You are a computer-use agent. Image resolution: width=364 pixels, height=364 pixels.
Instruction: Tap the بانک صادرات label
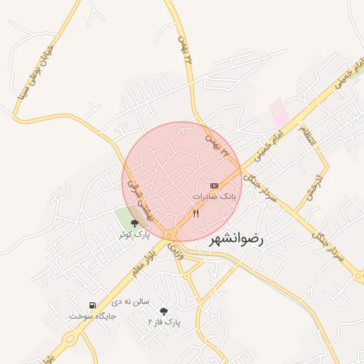click(213, 195)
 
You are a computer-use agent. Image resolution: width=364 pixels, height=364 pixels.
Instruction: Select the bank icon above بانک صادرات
click(214, 185)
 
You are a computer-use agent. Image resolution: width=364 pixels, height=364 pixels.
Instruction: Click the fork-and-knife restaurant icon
click(196, 213)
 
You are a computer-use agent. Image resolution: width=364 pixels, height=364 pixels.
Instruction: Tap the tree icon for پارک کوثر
click(134, 223)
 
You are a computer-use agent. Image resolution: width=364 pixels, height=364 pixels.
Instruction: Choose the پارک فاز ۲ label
click(164, 321)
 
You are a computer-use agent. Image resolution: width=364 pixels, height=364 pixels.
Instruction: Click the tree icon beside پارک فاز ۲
click(164, 311)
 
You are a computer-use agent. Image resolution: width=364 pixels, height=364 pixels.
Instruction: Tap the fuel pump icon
click(92, 306)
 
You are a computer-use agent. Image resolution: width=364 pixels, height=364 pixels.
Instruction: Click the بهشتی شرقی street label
click(134, 193)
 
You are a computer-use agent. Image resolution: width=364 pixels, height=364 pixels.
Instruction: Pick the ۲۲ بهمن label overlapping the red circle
click(218, 141)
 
